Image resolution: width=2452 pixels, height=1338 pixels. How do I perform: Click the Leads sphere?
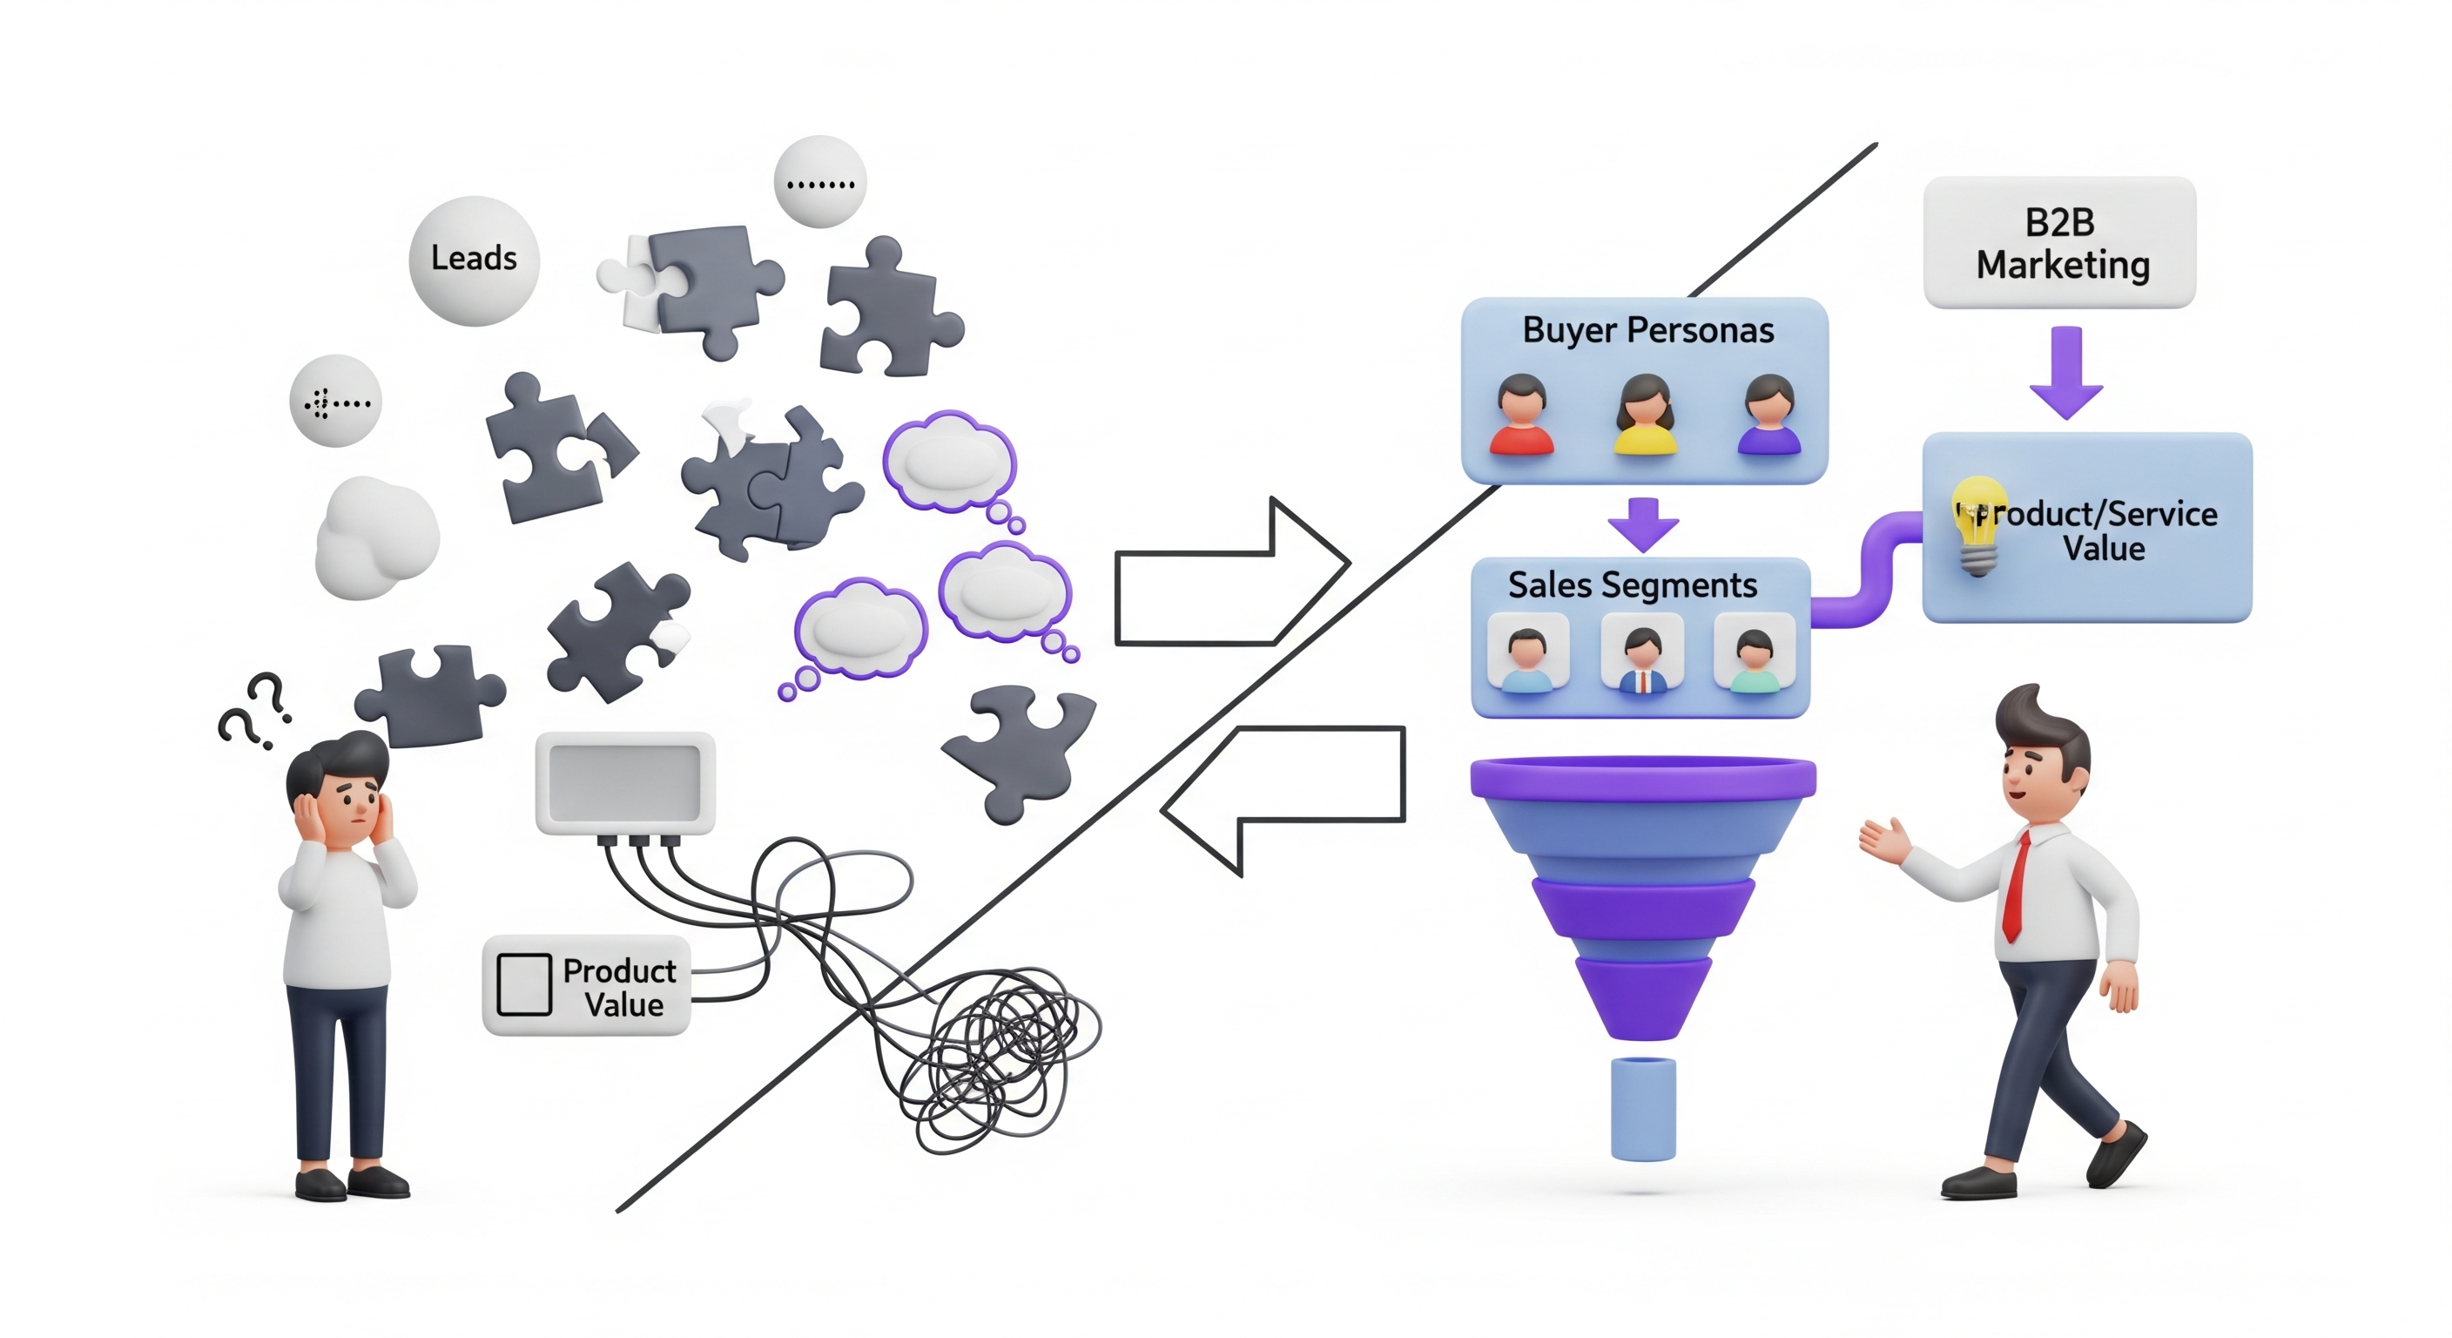point(474,260)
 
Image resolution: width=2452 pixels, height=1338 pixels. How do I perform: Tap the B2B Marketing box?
point(2060,243)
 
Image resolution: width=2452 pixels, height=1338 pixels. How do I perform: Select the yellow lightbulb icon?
point(1978,524)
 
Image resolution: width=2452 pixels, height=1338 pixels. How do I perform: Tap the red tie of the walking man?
point(2016,887)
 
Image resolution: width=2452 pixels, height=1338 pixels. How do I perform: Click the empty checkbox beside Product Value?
point(523,984)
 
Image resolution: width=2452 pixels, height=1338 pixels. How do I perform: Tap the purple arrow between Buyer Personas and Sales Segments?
point(1643,524)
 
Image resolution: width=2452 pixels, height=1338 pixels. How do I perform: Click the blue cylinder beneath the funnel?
point(1643,1109)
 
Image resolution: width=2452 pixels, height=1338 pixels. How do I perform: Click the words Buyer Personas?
point(1647,330)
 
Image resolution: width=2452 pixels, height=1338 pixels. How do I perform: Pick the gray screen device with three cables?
point(624,784)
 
